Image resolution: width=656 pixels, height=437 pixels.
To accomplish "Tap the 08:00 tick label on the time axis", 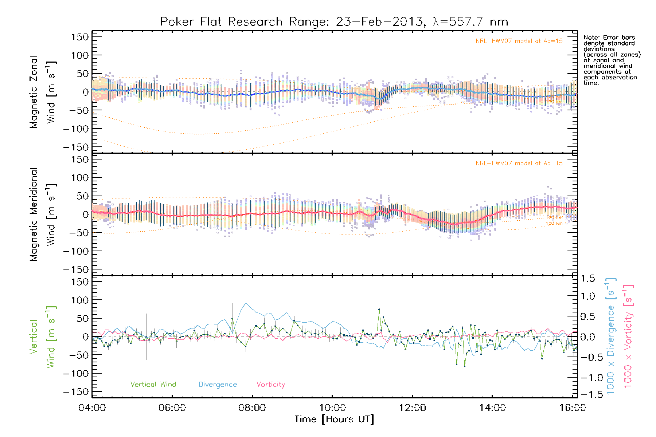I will [252, 408].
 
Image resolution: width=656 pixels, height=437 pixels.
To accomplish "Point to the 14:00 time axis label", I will [492, 408].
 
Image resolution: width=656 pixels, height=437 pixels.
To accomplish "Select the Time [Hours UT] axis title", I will [334, 419].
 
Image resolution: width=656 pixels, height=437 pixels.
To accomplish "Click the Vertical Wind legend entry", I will [153, 384].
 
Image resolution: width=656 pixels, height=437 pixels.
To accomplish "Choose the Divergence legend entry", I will [218, 384].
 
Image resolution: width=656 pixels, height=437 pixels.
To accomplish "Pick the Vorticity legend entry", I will [270, 384].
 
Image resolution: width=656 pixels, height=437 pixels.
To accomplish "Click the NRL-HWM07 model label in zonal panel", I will [519, 41].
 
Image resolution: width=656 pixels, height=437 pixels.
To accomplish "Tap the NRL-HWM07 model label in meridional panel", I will [519, 164].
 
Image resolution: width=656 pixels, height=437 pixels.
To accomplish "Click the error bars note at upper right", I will [612, 60].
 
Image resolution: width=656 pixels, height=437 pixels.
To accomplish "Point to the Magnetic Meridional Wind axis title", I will [43, 214].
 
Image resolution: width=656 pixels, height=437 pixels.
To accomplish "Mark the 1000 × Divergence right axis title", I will [611, 336].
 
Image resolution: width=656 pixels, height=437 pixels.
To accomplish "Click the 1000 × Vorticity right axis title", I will [628, 336].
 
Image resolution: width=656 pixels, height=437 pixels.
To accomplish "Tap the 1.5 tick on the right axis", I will [587, 279].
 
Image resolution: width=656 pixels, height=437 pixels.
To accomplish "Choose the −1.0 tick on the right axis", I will [587, 378].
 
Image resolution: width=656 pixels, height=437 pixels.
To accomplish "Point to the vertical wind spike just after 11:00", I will [379, 310].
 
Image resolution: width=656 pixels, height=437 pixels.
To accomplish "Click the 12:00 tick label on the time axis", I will [413, 408].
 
